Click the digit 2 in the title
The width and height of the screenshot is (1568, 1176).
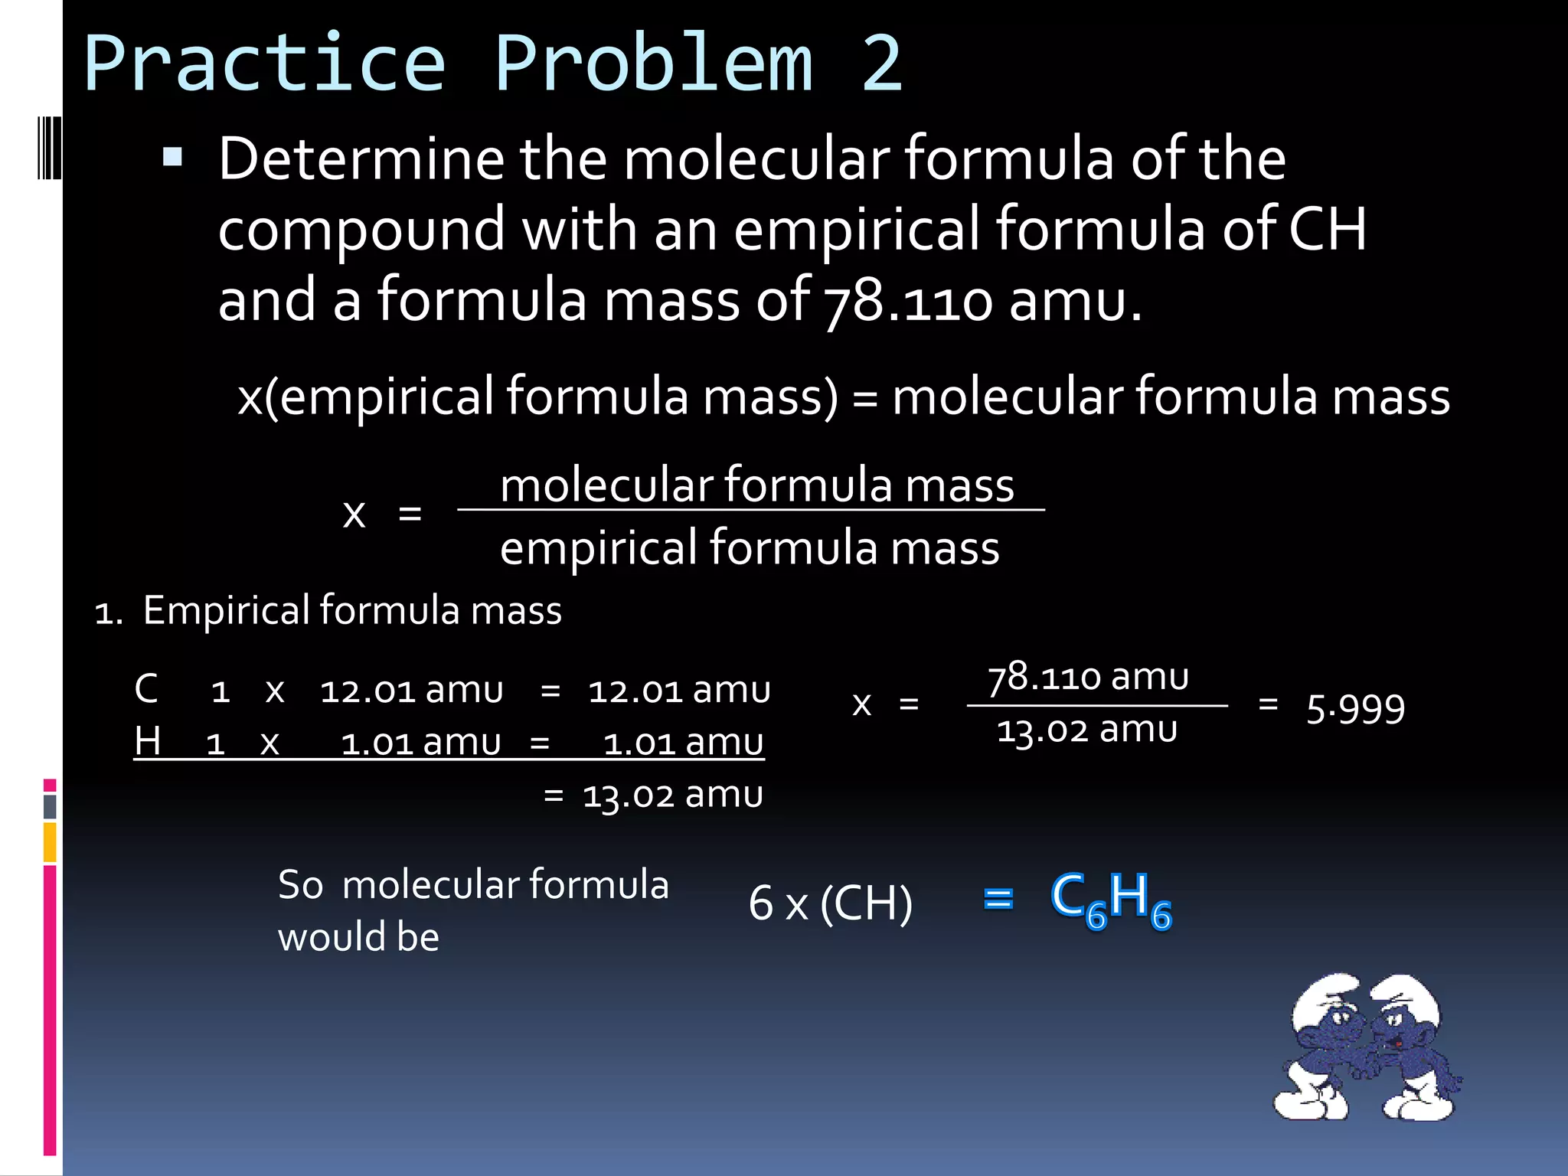coord(882,64)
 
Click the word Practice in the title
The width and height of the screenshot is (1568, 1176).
coord(264,64)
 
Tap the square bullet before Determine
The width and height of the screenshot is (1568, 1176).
coord(173,158)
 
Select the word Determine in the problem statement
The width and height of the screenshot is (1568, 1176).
coord(361,159)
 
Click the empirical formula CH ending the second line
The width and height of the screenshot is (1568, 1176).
coord(1328,229)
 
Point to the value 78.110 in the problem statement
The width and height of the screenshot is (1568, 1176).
coord(907,301)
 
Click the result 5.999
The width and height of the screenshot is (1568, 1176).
coord(1355,708)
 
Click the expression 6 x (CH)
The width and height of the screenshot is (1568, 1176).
coord(831,903)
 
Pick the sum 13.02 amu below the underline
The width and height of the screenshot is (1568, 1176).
coord(672,795)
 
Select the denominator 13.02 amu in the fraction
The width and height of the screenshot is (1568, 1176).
coord(1086,730)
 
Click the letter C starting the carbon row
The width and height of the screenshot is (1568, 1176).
coord(146,689)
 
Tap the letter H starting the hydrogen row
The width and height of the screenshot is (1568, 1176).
coord(148,741)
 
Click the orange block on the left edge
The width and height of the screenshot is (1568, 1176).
coord(50,842)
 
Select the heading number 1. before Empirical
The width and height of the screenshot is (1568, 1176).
coord(109,613)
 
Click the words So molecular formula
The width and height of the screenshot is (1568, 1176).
coord(473,885)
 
